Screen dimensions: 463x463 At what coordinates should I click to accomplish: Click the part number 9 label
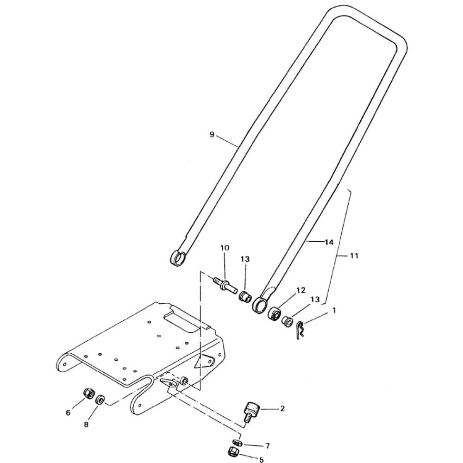point(212,135)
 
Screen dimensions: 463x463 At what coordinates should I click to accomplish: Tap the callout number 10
point(225,248)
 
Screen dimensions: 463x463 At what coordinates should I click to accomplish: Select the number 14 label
point(329,243)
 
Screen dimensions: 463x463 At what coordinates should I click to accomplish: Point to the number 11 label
point(354,256)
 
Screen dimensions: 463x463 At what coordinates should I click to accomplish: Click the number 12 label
point(300,290)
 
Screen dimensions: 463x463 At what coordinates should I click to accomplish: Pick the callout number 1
point(334,310)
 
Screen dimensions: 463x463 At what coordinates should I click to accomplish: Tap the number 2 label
point(282,408)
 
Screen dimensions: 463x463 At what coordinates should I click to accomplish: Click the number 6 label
point(68,413)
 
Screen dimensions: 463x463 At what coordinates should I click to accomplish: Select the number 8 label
point(86,424)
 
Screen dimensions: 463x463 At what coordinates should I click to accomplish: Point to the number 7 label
point(268,446)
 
